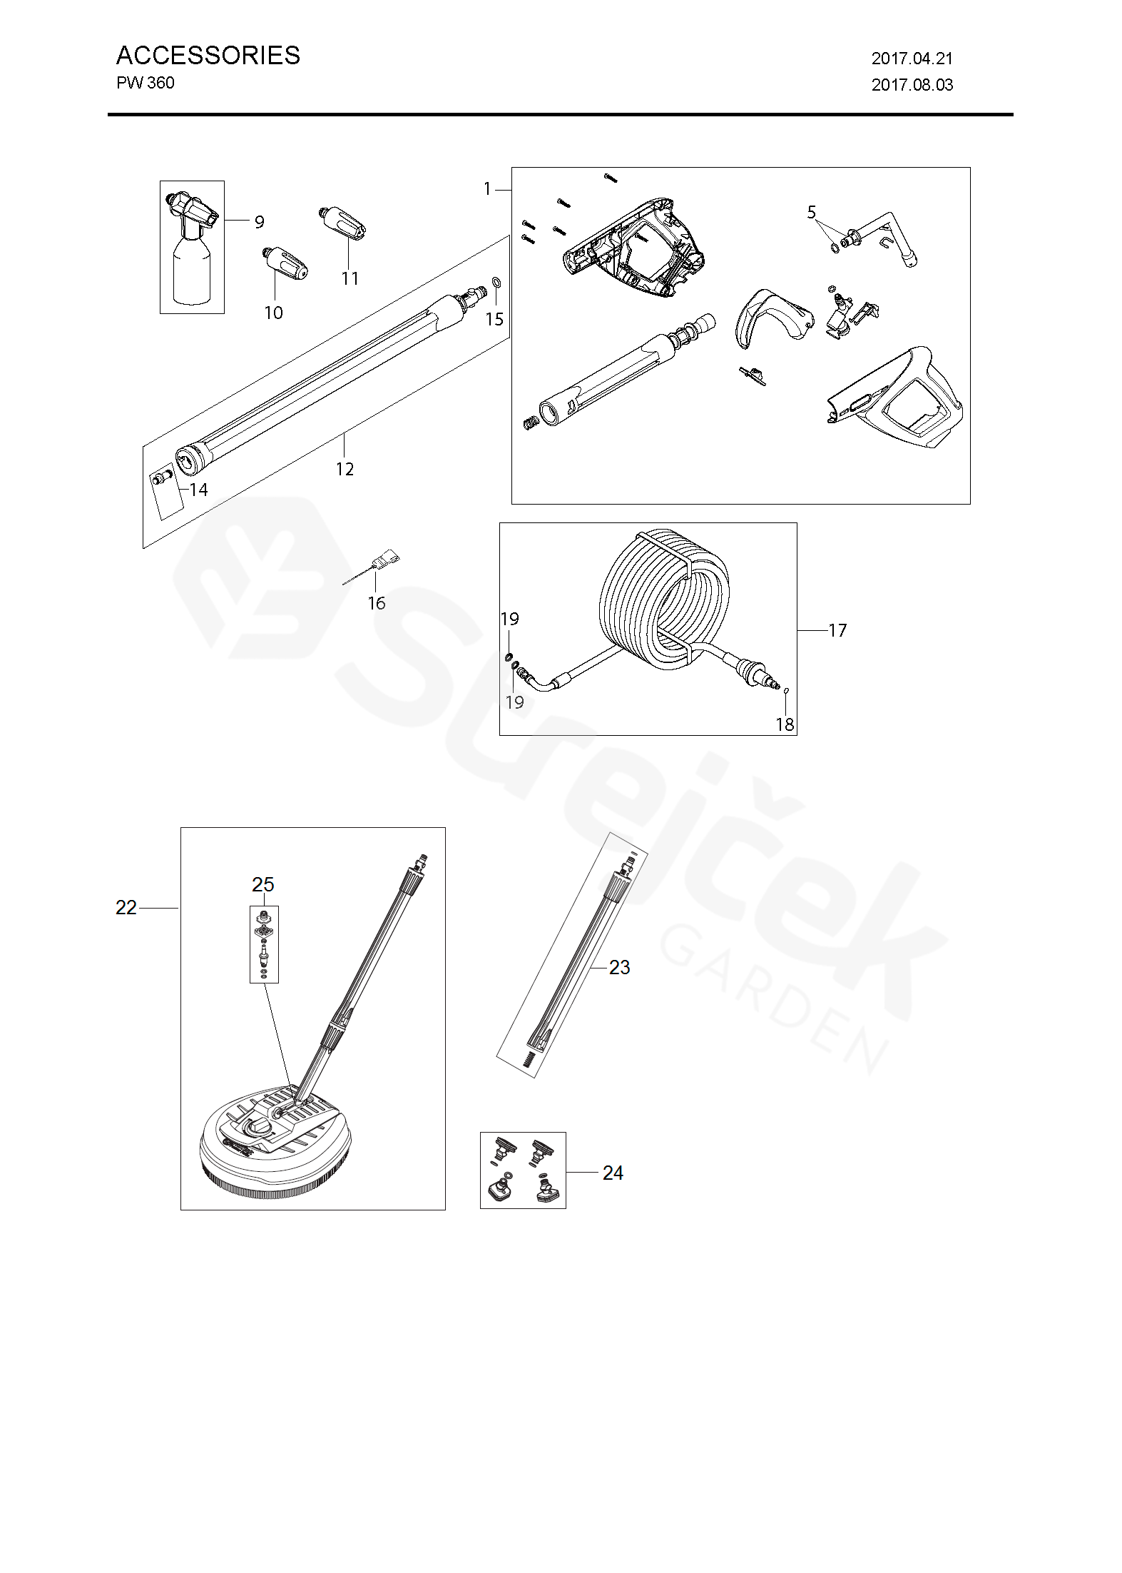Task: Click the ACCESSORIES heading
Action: [208, 56]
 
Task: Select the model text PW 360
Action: [145, 83]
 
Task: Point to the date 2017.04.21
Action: [912, 59]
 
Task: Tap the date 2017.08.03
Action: [912, 85]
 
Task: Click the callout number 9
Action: [259, 222]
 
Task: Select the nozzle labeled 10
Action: [284, 265]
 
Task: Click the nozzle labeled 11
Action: [342, 222]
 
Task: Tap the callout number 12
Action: [345, 469]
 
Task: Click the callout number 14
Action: [198, 490]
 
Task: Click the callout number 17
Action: [837, 630]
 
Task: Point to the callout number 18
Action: [785, 724]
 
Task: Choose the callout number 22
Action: [126, 907]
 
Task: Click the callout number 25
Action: [263, 884]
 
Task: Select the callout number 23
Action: [619, 967]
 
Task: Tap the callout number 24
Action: [613, 1173]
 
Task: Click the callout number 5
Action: [812, 213]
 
